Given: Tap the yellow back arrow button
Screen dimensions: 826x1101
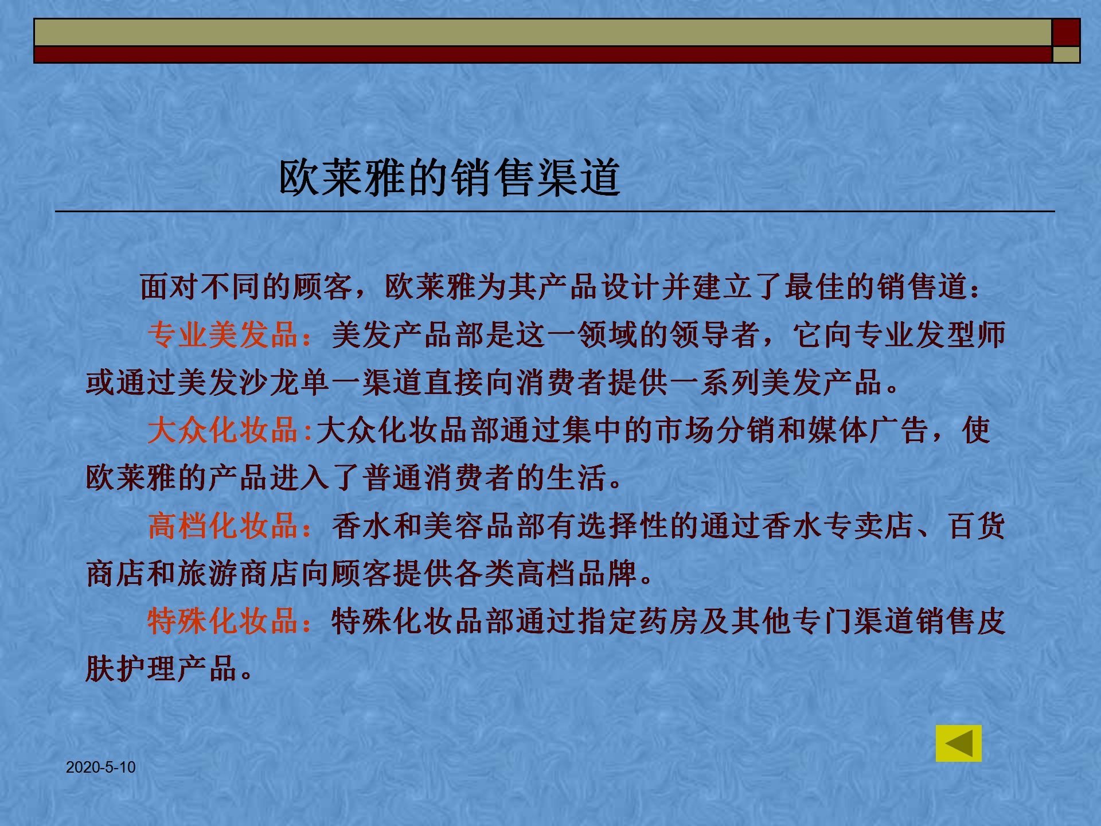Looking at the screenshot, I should tap(958, 743).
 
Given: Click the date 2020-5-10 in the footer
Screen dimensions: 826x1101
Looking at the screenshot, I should tap(101, 767).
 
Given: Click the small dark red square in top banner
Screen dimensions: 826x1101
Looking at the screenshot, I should tap(1066, 32).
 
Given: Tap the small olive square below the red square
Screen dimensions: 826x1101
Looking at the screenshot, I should tap(1066, 54).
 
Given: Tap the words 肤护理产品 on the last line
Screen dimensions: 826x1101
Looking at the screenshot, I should tap(162, 669).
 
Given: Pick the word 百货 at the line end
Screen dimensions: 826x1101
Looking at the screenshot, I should tap(976, 525).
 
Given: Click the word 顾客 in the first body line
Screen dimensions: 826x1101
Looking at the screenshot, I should tap(323, 287).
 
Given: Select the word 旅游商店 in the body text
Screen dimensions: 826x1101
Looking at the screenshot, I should tap(239, 574).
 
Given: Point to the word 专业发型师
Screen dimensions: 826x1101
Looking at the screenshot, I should tap(930, 335).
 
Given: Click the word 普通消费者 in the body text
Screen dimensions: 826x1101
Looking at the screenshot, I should tap(439, 478).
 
